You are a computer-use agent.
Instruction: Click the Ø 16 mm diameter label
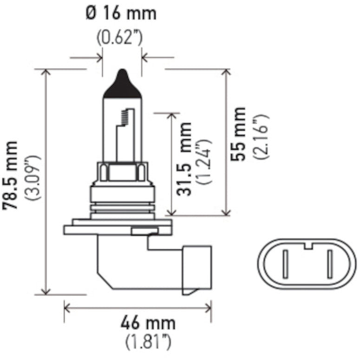[x=121, y=13]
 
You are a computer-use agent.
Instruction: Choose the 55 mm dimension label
[x=239, y=134]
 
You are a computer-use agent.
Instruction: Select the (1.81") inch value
[x=148, y=342]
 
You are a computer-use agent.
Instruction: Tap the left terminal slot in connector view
[x=286, y=265]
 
